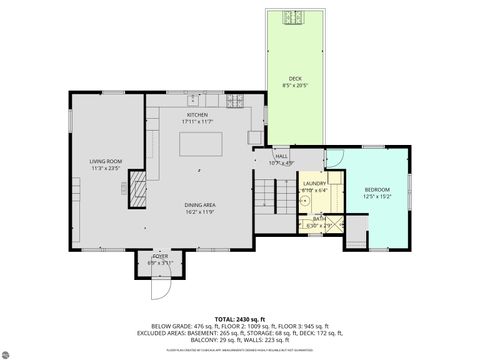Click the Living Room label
pos(105,163)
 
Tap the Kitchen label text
pos(197,115)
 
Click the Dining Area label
pos(200,205)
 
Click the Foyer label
pos(160,256)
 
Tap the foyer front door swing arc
pos(157,288)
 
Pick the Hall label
pos(282,156)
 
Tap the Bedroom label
pos(378,190)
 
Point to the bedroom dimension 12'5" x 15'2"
pos(378,197)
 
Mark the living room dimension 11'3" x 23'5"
pos(105,169)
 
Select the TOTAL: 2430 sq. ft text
pos(239,317)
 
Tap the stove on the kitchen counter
pos(236,100)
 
